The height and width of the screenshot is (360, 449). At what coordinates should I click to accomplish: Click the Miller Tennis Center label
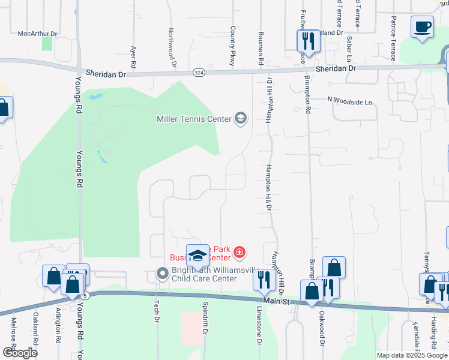[194, 119]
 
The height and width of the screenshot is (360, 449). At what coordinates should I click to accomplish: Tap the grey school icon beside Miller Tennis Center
[240, 118]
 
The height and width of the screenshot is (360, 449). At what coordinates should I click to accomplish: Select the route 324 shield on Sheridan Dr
[197, 73]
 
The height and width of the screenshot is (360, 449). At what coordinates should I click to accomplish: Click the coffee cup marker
[422, 27]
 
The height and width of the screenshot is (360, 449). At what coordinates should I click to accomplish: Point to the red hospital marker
[240, 252]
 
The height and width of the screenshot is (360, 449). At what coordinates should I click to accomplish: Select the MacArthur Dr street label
[37, 34]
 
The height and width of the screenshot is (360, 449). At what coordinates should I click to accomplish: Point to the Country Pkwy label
[232, 46]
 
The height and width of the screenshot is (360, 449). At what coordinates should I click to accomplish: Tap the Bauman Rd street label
[261, 49]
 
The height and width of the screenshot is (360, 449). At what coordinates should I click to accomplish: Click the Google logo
[20, 353]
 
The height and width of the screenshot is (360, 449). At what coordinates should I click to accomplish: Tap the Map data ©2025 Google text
[411, 355]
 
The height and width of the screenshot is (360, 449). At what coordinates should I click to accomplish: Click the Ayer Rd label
[133, 56]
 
